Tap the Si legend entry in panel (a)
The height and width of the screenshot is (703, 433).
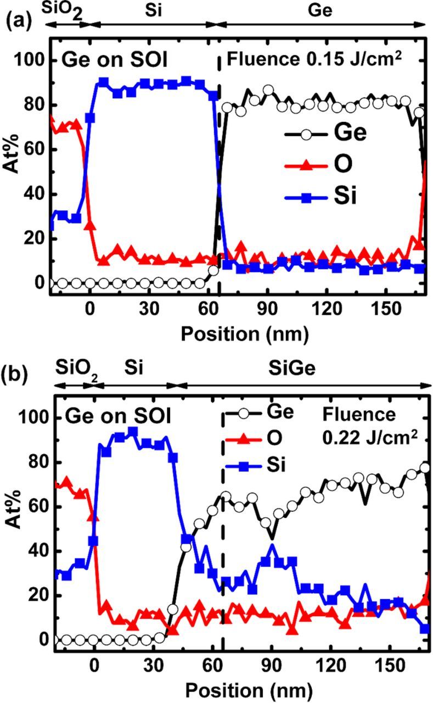point(336,196)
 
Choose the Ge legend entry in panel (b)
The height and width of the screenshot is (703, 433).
point(280,411)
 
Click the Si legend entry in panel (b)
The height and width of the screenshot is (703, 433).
point(277,466)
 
